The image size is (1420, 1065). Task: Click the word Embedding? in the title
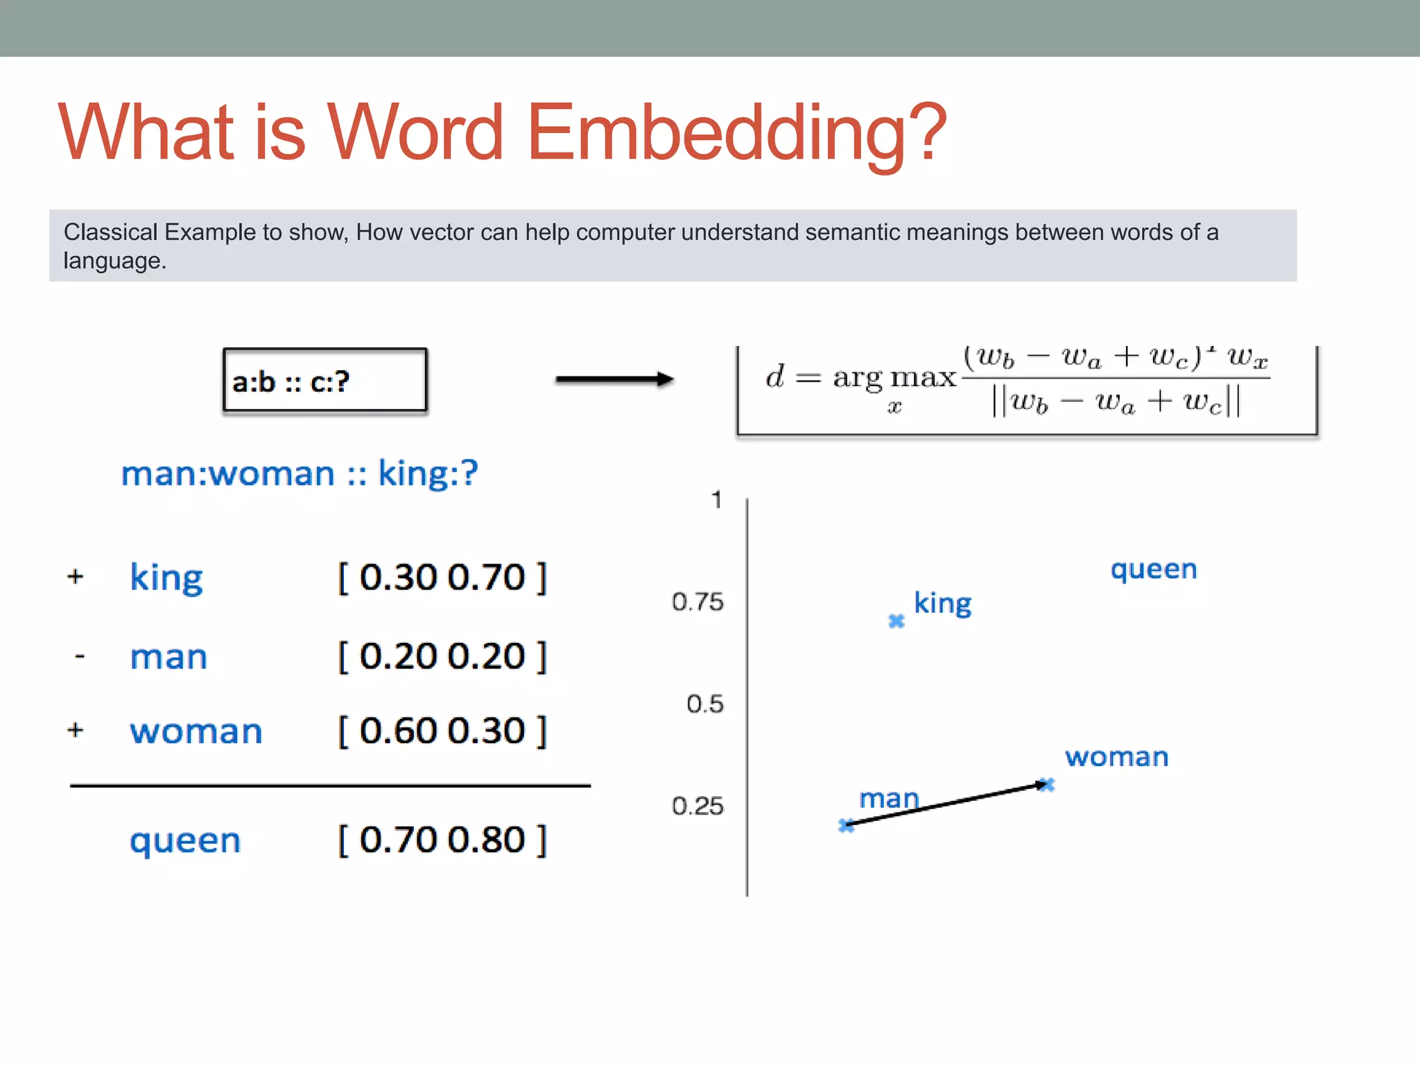click(736, 133)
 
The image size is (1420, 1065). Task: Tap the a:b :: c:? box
click(324, 381)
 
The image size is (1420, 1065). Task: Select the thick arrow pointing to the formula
click(614, 379)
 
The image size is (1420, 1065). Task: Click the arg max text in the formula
click(894, 378)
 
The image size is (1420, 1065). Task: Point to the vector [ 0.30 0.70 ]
click(442, 578)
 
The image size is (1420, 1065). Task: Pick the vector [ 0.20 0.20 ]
click(442, 657)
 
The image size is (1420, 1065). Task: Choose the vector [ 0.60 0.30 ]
click(442, 731)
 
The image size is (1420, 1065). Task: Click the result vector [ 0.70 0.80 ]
click(442, 840)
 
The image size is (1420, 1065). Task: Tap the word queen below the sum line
click(185, 841)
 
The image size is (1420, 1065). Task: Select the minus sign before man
click(80, 656)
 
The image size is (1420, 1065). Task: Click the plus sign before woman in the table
click(76, 730)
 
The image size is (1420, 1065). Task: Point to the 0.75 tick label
click(697, 602)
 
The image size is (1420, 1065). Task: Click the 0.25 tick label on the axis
click(697, 806)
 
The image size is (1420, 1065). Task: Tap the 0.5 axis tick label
click(704, 704)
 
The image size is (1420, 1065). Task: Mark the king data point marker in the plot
click(897, 621)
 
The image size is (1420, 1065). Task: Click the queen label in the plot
click(1154, 570)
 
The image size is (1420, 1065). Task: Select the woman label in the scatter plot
click(1116, 757)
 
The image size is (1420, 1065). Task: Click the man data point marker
click(846, 825)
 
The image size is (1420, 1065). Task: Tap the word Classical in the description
click(111, 232)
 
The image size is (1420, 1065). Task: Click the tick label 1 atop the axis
click(716, 500)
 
